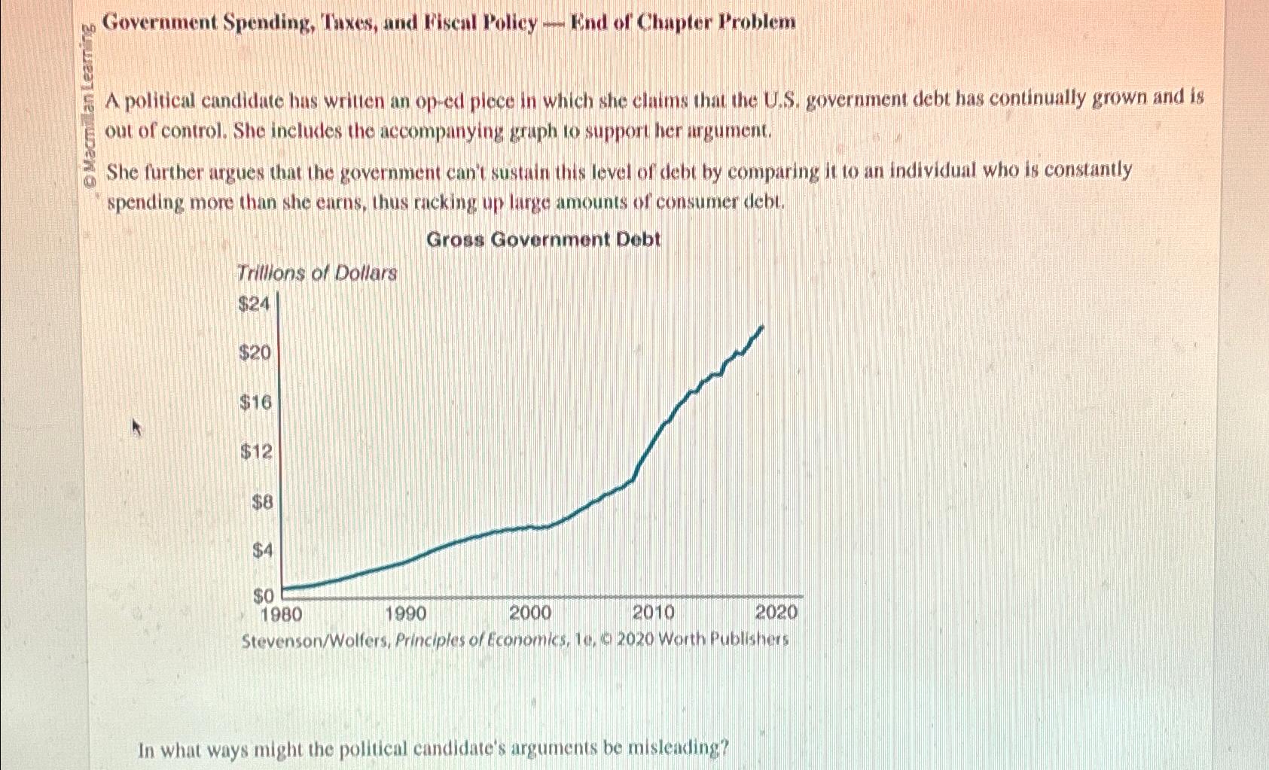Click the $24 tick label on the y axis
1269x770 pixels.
[x=253, y=304]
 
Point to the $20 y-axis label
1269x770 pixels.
[x=255, y=352]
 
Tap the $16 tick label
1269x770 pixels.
[x=255, y=403]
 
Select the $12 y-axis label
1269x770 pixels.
[x=255, y=452]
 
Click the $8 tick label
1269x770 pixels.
[x=262, y=502]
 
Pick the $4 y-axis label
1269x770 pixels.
[x=262, y=551]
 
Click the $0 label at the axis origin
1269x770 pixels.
[x=263, y=596]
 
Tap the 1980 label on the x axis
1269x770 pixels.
[x=281, y=613]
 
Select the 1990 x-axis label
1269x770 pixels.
[x=405, y=613]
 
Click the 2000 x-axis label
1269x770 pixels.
[x=530, y=613]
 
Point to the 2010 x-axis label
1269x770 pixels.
[x=653, y=613]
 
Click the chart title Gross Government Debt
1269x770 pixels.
[x=543, y=240]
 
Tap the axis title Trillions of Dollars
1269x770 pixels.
[x=316, y=273]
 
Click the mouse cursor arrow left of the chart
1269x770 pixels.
[x=136, y=428]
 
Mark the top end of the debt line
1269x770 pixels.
[x=763, y=327]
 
